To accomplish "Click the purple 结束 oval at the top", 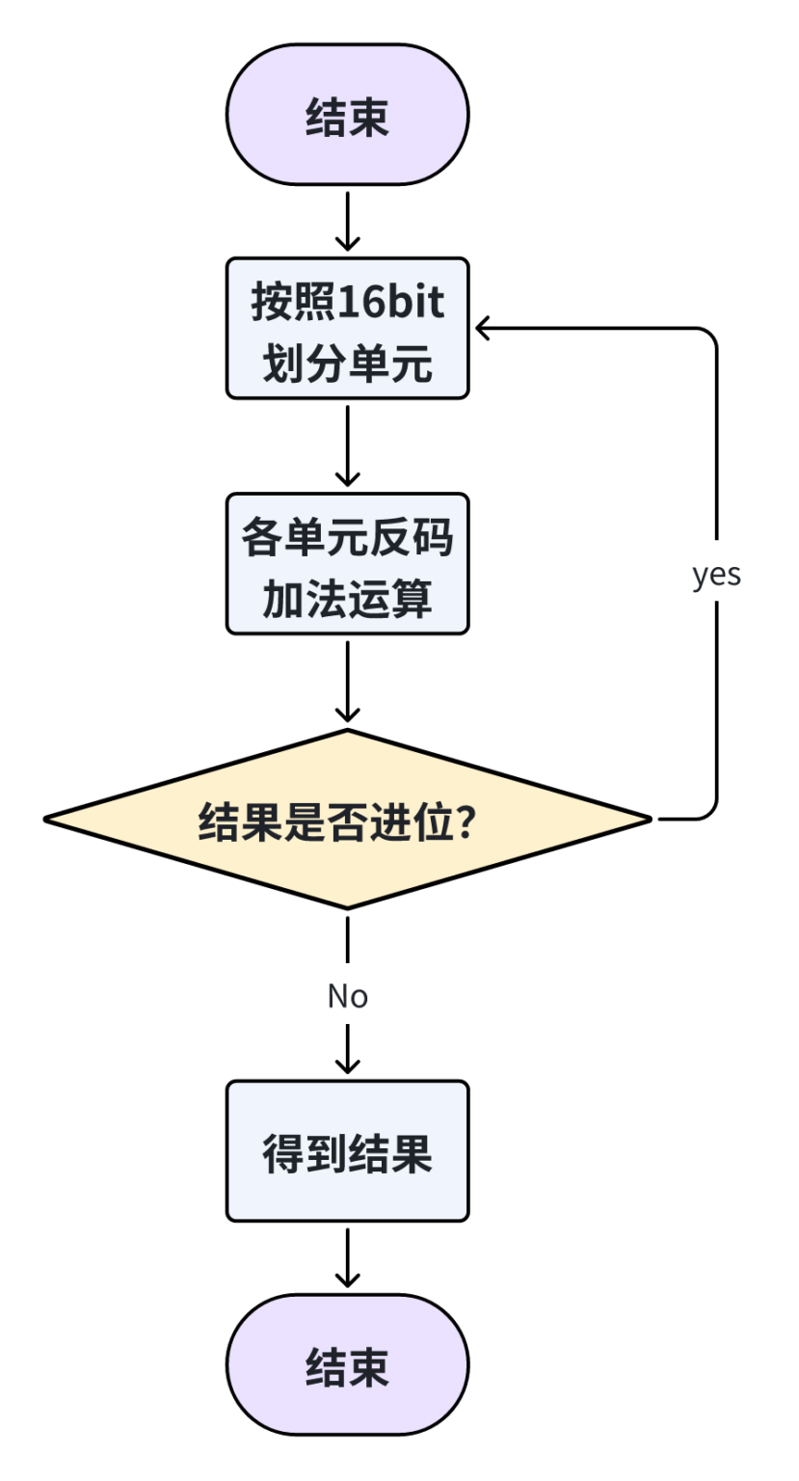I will point(347,115).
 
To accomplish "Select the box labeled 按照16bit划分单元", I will point(347,328).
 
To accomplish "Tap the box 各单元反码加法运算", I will point(347,564).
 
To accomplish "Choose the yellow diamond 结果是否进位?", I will point(347,820).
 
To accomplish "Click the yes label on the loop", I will point(716,575).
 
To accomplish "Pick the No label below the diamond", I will point(347,996).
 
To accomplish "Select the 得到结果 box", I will point(347,1151).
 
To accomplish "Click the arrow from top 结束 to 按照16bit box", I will point(347,221).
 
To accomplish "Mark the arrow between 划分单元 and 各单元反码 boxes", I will point(347,445).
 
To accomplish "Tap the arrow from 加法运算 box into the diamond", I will point(347,681).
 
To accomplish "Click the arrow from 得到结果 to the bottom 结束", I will point(347,1256).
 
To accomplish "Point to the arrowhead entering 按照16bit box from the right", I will point(482,329).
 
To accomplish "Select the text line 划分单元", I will point(347,366).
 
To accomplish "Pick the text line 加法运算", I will point(347,602).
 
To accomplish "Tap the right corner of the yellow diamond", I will point(650,820).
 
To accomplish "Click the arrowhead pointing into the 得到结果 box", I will point(347,1065).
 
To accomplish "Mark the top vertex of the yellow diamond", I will point(347,732).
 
